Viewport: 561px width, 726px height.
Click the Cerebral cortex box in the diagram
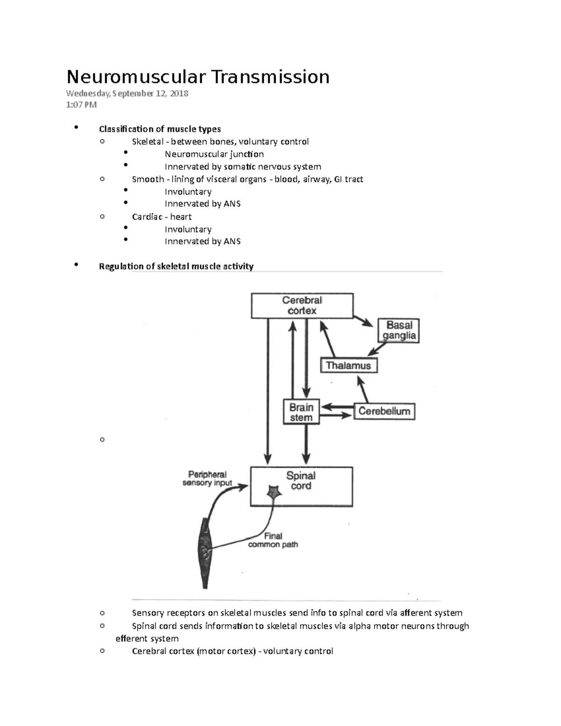click(302, 306)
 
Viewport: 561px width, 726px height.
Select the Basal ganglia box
click(399, 331)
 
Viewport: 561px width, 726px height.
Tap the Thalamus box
click(348, 366)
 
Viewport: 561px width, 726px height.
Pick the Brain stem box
click(301, 412)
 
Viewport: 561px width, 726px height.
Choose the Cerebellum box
click(384, 411)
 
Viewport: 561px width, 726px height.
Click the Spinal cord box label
click(301, 481)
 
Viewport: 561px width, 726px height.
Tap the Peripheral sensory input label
click(207, 478)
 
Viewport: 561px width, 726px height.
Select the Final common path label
click(273, 540)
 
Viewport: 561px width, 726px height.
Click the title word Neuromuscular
click(136, 77)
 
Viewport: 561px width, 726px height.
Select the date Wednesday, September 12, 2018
click(127, 93)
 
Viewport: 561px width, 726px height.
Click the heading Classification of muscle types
click(160, 129)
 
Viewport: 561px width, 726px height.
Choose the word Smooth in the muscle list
click(148, 179)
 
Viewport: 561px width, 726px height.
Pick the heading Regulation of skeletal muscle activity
click(176, 266)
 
